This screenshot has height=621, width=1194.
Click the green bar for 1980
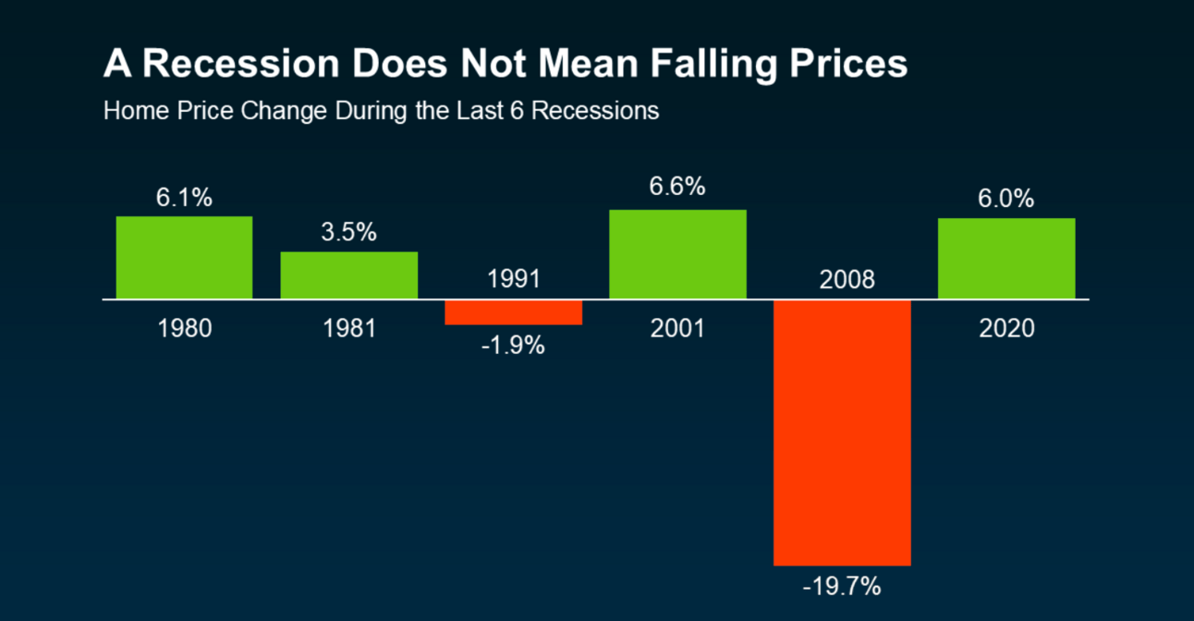184,258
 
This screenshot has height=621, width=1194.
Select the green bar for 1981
349,275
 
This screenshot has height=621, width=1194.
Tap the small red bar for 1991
513,312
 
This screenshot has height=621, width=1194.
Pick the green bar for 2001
677,254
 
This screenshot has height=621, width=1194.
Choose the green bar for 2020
1006,259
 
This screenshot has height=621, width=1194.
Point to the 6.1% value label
184,198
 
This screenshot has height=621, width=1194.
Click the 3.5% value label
348,233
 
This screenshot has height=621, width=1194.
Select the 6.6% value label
677,187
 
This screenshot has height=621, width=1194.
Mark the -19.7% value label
842,586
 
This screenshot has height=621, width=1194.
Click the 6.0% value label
1006,200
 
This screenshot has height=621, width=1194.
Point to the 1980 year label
184,328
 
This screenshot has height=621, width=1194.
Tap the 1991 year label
513,279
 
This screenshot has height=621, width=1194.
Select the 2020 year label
1006,328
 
